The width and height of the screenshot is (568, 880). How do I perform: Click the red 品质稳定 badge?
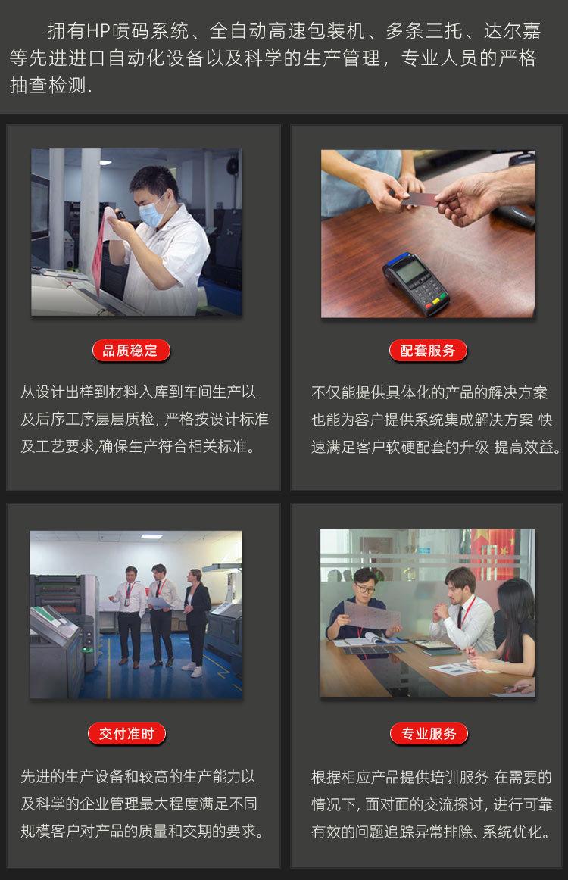point(131,351)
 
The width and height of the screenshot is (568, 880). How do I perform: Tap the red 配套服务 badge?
point(429,351)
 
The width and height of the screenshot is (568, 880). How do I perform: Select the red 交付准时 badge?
point(126,733)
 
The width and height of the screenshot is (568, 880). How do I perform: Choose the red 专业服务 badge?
point(429,733)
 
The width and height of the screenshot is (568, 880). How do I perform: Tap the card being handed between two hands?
point(418,199)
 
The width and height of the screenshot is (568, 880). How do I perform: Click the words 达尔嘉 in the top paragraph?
point(514,31)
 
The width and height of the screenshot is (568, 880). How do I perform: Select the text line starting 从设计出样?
point(138,392)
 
